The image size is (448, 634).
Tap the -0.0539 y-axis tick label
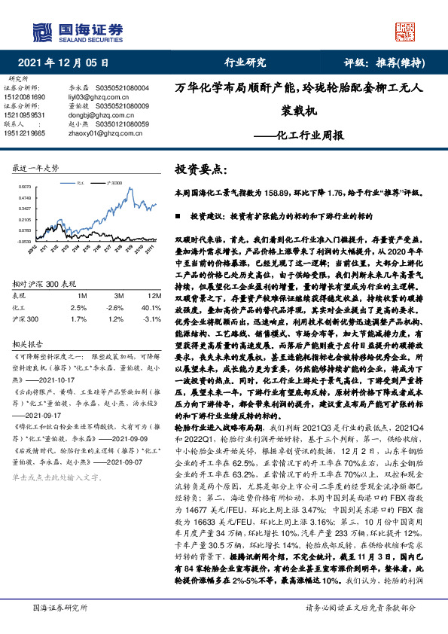[24, 241]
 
